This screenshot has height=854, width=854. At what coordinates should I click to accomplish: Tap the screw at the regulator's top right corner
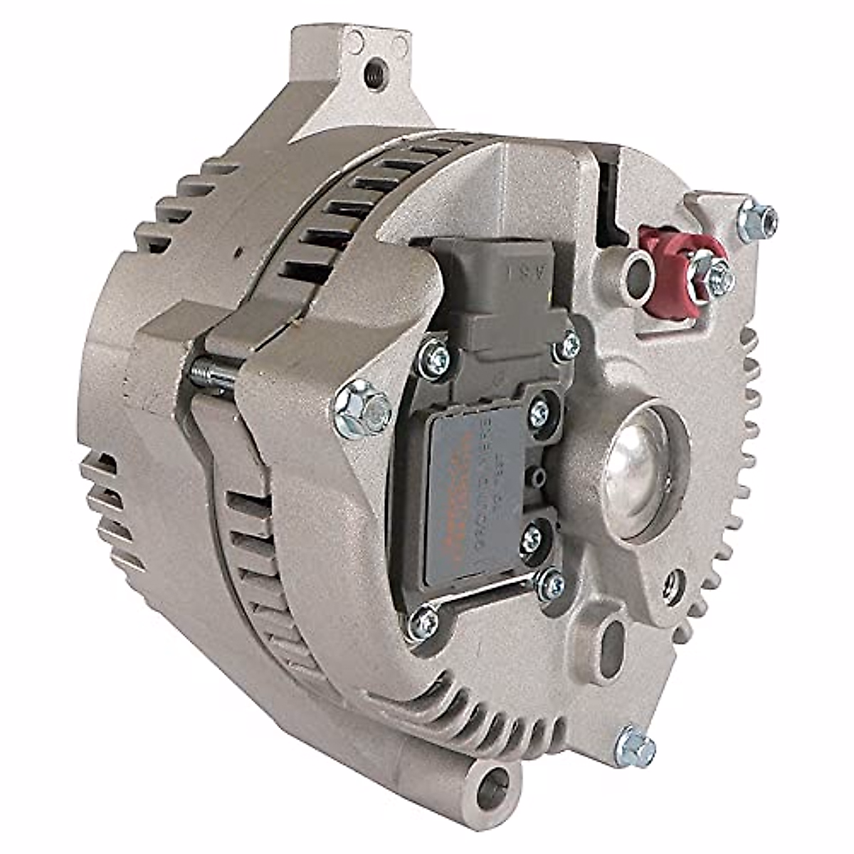tap(566, 347)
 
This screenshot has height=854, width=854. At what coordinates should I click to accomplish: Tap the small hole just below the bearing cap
tap(670, 582)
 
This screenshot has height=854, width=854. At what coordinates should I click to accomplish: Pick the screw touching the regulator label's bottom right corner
tap(550, 584)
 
